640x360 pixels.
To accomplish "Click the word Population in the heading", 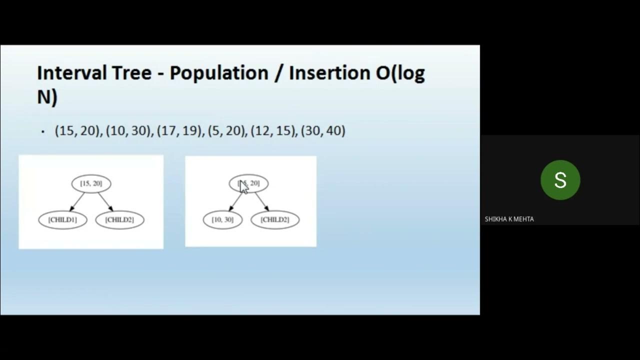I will (218, 73).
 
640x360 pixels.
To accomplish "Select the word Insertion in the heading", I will (330, 73).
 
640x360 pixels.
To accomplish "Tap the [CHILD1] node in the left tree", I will (62, 220).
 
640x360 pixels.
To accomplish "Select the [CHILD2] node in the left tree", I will (119, 220).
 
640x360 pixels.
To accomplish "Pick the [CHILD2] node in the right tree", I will (274, 220).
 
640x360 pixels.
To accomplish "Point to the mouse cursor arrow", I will (243, 186).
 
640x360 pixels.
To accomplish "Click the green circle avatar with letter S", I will (560, 180).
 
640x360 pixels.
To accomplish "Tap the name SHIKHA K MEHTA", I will (509, 219).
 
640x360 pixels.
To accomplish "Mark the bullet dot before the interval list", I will (43, 132).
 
